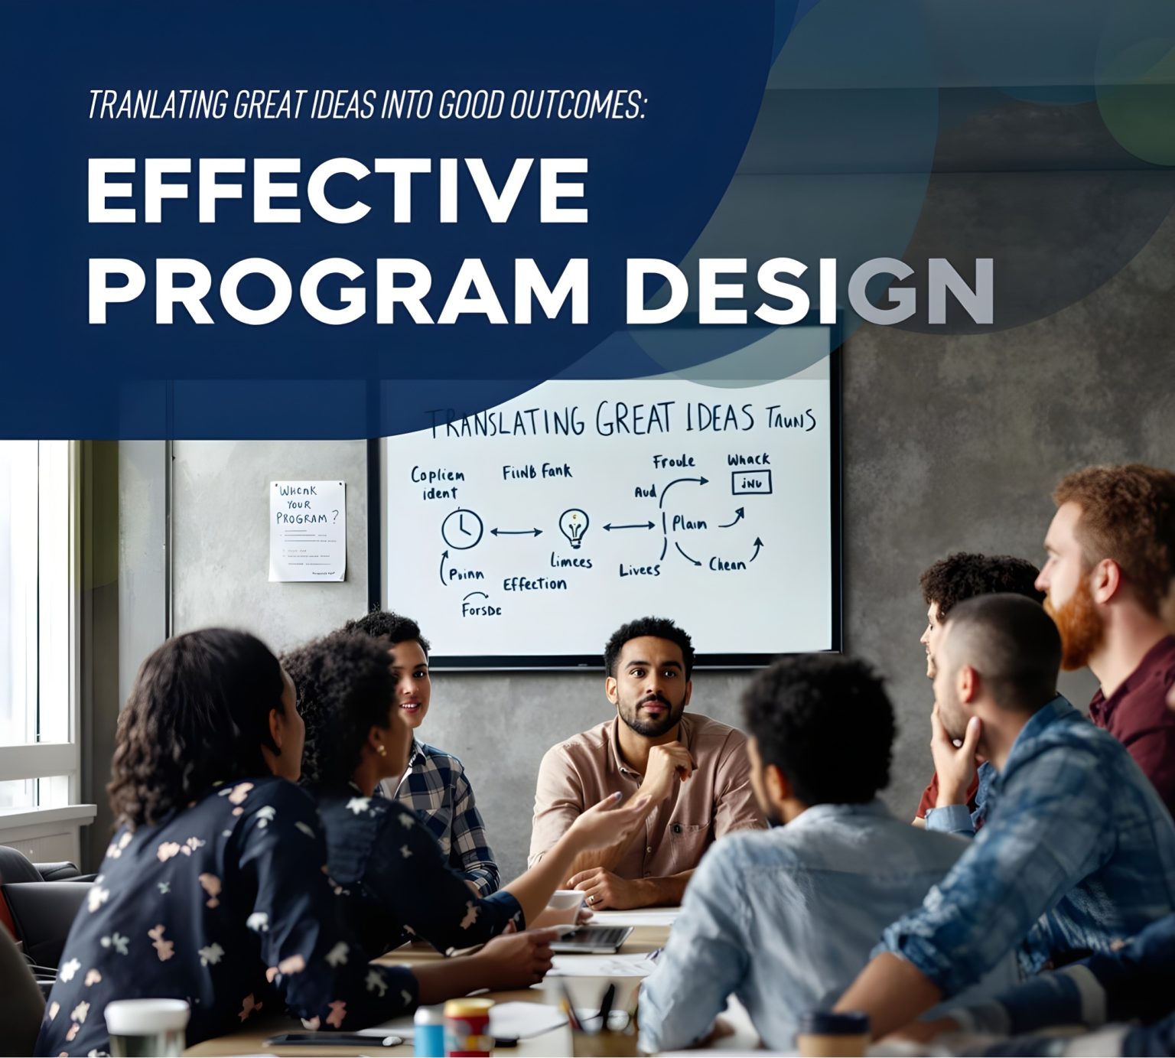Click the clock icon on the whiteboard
coord(462,529)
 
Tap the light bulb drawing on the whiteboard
coord(574,528)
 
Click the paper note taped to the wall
coord(307,530)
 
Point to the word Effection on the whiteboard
coord(535,584)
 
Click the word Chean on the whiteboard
coord(727,565)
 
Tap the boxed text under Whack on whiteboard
coord(751,483)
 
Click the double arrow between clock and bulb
coord(516,530)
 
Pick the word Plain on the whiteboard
coord(689,524)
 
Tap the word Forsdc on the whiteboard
coord(482,610)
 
